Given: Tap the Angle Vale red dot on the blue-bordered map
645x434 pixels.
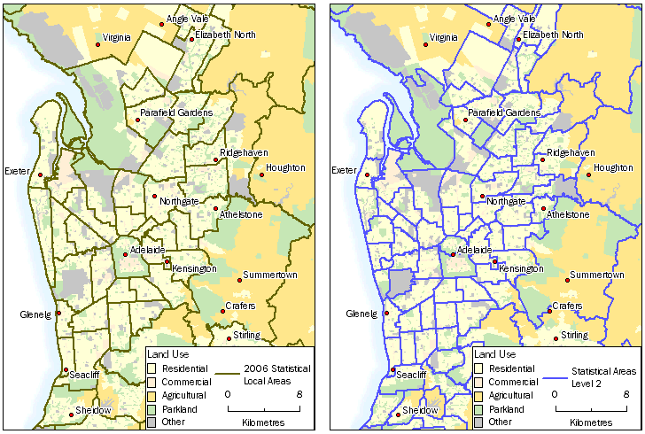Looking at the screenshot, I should click(x=488, y=25).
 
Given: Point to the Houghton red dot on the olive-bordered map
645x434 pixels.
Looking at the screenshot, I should click(x=262, y=175).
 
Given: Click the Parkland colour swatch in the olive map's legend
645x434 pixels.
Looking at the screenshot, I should click(x=152, y=409).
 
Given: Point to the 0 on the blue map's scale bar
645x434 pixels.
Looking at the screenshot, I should click(x=555, y=393).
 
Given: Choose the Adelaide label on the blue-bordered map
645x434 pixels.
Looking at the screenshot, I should click(x=475, y=251).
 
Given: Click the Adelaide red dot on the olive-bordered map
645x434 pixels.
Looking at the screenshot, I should click(x=125, y=255).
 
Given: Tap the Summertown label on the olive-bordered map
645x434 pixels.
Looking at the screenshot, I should click(x=268, y=275).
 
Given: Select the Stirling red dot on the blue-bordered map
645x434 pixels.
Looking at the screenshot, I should click(x=556, y=337).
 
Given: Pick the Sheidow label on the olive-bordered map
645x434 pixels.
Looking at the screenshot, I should click(x=93, y=410).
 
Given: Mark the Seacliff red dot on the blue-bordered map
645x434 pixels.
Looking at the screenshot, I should click(x=392, y=370).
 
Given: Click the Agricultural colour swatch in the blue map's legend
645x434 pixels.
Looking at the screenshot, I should click(x=478, y=395).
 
